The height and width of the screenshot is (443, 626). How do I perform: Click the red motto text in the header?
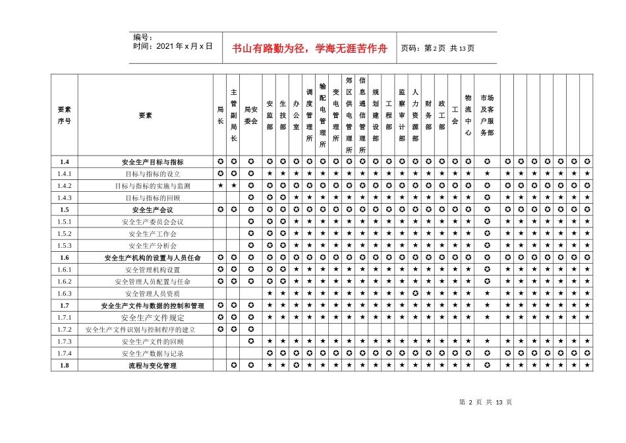point(310,49)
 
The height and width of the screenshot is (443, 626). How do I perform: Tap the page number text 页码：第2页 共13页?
point(438,48)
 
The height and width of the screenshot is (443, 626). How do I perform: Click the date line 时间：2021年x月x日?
point(173,47)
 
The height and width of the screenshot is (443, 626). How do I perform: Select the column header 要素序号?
point(65,115)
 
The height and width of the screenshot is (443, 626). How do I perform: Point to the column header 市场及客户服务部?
point(487,115)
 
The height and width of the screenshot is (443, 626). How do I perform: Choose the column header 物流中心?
point(468,115)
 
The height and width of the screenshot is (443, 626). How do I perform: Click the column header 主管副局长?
point(234,115)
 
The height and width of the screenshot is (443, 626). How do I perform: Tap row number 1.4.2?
point(65,185)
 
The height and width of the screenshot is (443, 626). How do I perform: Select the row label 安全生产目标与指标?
point(153,162)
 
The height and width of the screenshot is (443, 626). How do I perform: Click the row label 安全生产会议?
point(153,209)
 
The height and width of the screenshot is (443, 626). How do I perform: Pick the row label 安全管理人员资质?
point(153,293)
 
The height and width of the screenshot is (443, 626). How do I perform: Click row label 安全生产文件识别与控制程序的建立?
point(140,329)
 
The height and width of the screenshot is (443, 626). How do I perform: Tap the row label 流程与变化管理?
point(153,365)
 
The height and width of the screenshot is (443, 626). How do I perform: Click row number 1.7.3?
point(65,341)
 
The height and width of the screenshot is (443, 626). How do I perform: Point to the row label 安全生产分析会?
point(153,245)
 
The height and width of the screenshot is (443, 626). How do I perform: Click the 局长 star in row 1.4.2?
point(221,185)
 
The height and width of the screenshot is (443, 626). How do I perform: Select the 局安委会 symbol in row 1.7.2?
point(251,329)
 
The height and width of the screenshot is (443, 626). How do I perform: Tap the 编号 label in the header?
point(143,38)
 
